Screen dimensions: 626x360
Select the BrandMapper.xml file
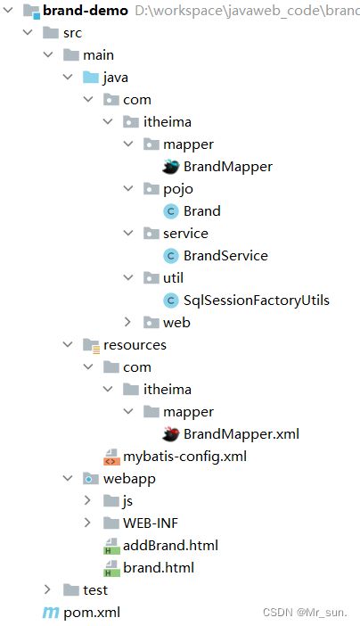click(241, 434)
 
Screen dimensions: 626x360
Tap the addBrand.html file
click(170, 545)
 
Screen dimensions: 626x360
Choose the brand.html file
click(158, 567)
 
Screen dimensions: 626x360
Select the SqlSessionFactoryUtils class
click(257, 300)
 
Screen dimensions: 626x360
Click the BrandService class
click(225, 255)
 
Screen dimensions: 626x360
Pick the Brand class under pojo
click(201, 211)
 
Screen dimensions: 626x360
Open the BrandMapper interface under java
click(227, 166)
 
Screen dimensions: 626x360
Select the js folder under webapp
click(128, 500)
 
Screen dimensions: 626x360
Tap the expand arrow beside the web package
click(128, 322)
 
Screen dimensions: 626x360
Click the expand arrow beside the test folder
click(47, 589)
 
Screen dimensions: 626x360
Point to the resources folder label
click(135, 344)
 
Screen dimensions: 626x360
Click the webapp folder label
click(131, 478)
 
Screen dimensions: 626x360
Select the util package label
click(173, 277)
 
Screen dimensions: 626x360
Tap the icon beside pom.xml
click(50, 613)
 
